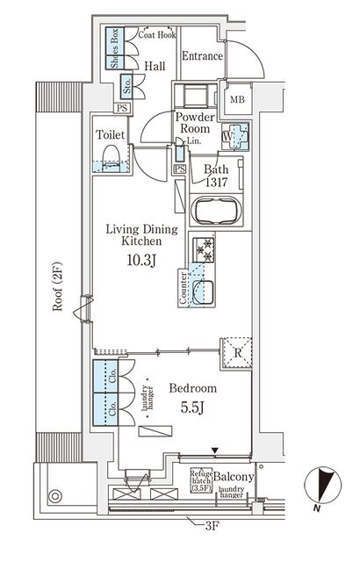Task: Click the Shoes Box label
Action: pyautogui.click(x=114, y=49)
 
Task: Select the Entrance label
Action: pyautogui.click(x=202, y=56)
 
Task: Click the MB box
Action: pyautogui.click(x=238, y=98)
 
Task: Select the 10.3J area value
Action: pyautogui.click(x=141, y=261)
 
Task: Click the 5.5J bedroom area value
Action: pyautogui.click(x=193, y=407)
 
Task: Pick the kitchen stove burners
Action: pyautogui.click(x=205, y=252)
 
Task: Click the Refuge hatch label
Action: pyautogui.click(x=201, y=481)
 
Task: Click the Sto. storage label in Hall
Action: pyautogui.click(x=126, y=86)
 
